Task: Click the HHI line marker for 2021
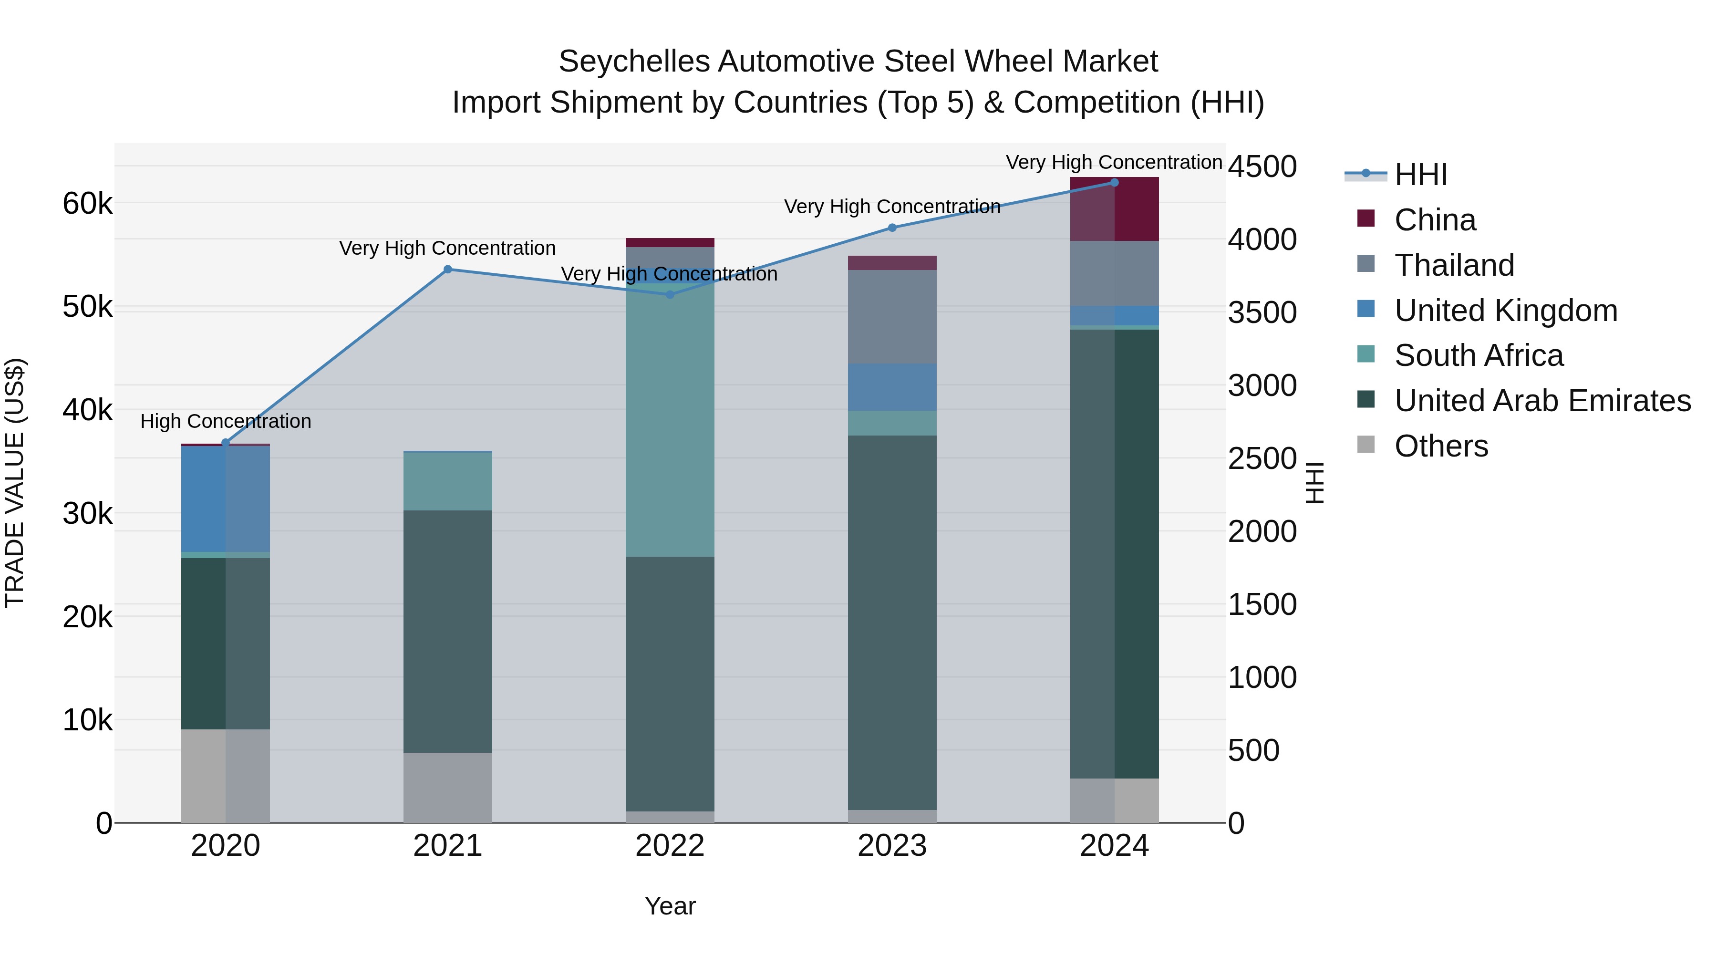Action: pyautogui.click(x=447, y=270)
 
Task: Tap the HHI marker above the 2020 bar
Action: pyautogui.click(x=225, y=443)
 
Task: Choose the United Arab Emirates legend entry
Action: pyautogui.click(x=1541, y=401)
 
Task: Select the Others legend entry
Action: pyautogui.click(x=1440, y=446)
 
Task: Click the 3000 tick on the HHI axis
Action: pyautogui.click(x=1262, y=385)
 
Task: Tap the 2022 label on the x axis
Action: pyautogui.click(x=670, y=846)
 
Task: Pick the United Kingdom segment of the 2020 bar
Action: pyautogui.click(x=225, y=499)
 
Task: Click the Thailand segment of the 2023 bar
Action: pyautogui.click(x=892, y=317)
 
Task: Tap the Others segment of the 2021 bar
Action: pyautogui.click(x=447, y=787)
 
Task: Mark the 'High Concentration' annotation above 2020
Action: pyautogui.click(x=225, y=421)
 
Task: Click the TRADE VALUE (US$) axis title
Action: pyautogui.click(x=15, y=483)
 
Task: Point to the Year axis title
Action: pyautogui.click(x=670, y=906)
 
